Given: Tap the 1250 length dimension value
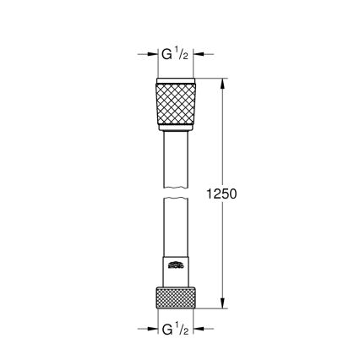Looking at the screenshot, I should pos(221,194).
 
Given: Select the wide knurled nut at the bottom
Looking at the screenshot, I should pos(176,297).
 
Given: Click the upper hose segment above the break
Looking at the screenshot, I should pos(176,161).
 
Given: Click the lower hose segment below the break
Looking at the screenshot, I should pos(176,228).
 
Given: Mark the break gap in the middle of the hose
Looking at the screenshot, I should pos(176,194).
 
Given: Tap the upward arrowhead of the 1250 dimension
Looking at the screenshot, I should pos(223,84).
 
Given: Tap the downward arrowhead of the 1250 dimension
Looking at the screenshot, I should pos(223,305).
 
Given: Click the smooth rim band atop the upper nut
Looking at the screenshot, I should pos(176,82).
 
